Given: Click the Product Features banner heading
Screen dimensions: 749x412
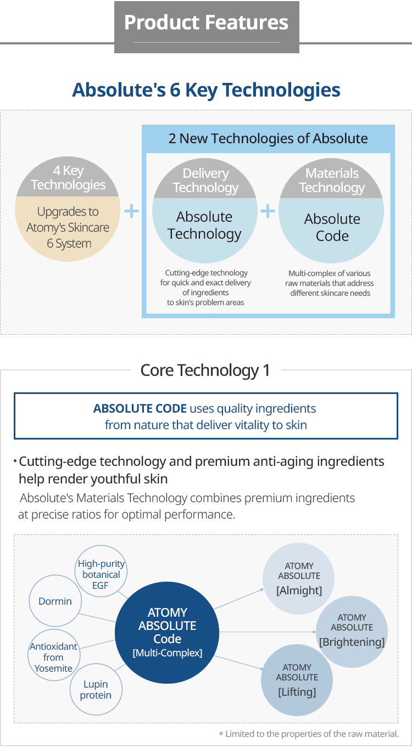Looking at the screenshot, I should point(206,22).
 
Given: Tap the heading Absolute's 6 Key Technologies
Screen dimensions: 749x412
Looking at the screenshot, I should point(206,90).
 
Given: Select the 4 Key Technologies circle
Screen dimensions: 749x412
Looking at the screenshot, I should point(69,211).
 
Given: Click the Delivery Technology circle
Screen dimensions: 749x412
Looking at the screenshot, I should point(204,211).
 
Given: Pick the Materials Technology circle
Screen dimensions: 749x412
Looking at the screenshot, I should point(332,211).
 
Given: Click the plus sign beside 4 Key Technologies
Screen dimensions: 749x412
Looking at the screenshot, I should point(131,211).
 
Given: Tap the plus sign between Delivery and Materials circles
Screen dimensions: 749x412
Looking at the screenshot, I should point(268,211).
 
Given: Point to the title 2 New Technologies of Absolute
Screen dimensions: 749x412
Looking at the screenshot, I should point(268,138).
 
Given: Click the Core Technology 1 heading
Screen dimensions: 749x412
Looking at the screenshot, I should point(205,370).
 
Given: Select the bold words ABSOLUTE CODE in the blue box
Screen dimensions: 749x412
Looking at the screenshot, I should point(140,408).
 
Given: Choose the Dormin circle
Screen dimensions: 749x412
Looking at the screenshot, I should point(55,601).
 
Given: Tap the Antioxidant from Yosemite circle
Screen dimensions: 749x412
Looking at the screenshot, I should point(53,657).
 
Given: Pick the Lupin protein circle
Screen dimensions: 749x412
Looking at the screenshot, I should point(96,690).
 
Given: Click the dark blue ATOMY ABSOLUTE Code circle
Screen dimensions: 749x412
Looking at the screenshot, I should point(168,632).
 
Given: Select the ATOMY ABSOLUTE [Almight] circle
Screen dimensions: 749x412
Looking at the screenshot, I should point(299,578).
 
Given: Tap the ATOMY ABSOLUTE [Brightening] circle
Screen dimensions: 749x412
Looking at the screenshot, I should point(352,630).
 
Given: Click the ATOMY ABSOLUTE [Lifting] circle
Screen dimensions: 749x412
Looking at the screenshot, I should point(297,680).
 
